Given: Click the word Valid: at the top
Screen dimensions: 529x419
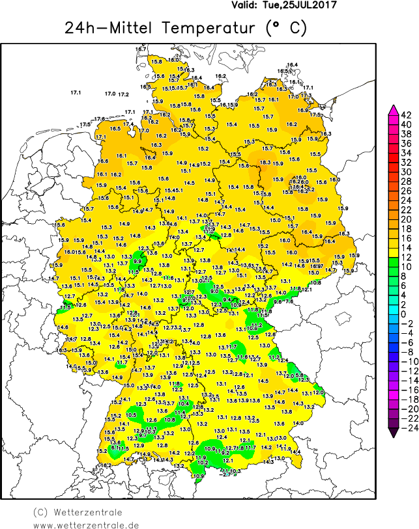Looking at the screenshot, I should [x=247, y=5].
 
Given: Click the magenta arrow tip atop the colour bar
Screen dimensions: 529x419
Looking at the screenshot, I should [x=393, y=109].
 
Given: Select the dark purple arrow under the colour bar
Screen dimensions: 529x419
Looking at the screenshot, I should [x=393, y=429].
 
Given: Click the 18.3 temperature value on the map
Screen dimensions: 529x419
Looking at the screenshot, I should [x=265, y=163].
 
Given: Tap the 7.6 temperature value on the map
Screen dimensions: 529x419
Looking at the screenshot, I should [x=289, y=301].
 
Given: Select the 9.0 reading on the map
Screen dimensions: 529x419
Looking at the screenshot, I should [x=214, y=291].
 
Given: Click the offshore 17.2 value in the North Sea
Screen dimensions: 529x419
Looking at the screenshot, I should [x=123, y=95].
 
